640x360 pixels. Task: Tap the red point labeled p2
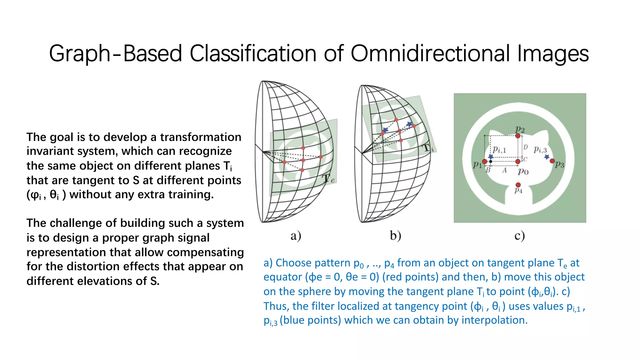pyautogui.click(x=518, y=136)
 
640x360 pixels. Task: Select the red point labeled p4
pyautogui.click(x=518, y=185)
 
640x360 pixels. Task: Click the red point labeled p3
pyautogui.click(x=552, y=161)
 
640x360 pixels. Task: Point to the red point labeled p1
pyautogui.click(x=484, y=161)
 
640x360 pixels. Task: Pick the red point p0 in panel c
pyautogui.click(x=518, y=161)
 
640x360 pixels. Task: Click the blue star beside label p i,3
pyautogui.click(x=547, y=157)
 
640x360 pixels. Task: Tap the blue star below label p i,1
pyautogui.click(x=491, y=157)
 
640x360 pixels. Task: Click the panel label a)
pyautogui.click(x=296, y=236)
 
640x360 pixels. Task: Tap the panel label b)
pyautogui.click(x=395, y=236)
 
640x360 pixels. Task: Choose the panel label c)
pyautogui.click(x=519, y=236)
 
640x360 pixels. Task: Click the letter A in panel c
pyautogui.click(x=504, y=170)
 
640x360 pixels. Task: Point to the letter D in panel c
pyautogui.click(x=525, y=147)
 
